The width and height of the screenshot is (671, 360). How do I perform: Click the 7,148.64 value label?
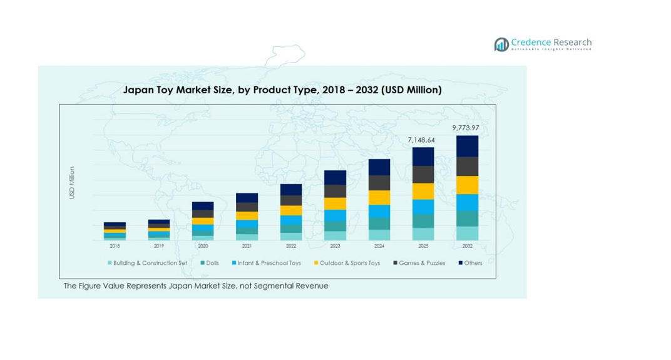(421, 140)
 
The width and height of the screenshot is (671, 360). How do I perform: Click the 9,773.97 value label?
(466, 128)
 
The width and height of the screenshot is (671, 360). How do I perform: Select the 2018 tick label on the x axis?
(115, 246)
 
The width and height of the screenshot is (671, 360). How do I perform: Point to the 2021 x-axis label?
(247, 246)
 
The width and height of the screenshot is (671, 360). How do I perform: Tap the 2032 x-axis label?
(467, 246)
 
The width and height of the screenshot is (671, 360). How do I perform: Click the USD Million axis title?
(72, 183)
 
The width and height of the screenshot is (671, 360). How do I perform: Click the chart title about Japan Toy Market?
(282, 90)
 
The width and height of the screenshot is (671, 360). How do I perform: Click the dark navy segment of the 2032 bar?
(467, 146)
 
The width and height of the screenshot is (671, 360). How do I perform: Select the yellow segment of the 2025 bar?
(423, 191)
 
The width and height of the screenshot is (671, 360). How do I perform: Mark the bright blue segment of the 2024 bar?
(379, 211)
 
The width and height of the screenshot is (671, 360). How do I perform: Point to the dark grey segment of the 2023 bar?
(335, 191)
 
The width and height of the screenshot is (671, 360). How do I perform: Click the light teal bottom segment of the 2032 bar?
(467, 233)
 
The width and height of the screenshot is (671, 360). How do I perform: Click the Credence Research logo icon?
(501, 44)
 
